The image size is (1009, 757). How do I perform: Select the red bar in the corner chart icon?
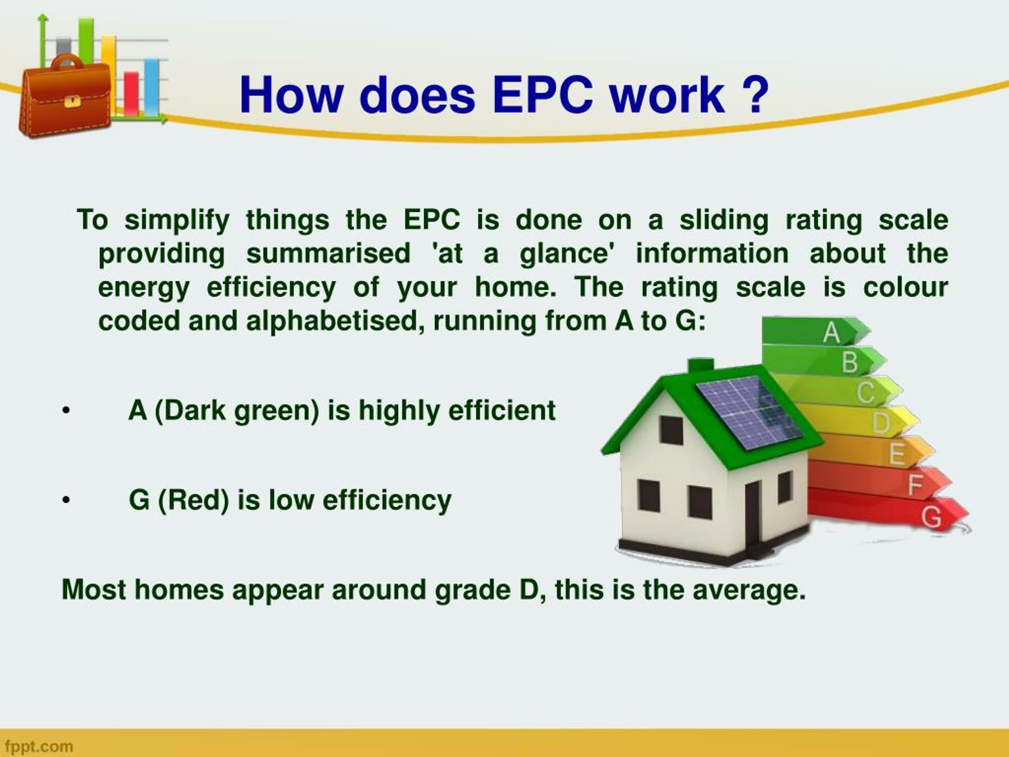pyautogui.click(x=131, y=93)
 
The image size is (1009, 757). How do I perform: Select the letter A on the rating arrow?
pyautogui.click(x=831, y=333)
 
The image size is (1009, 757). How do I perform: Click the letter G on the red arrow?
pyautogui.click(x=931, y=517)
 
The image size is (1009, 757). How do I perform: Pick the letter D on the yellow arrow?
pyautogui.click(x=881, y=423)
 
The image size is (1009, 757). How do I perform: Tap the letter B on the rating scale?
pyautogui.click(x=849, y=362)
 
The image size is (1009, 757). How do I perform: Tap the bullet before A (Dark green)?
pyautogui.click(x=66, y=411)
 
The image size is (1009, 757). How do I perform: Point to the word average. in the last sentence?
pyautogui.click(x=748, y=589)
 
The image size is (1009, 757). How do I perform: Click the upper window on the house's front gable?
pyautogui.click(x=672, y=430)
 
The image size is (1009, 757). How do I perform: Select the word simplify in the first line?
pyautogui.click(x=177, y=220)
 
